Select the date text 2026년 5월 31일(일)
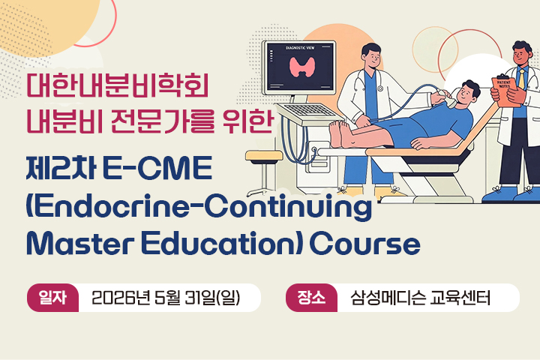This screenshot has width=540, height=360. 165,298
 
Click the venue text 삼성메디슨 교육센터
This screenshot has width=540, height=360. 420,298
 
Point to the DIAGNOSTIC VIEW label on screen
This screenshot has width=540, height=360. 301,47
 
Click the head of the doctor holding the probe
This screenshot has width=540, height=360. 371,55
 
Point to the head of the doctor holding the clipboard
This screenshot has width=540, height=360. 522,52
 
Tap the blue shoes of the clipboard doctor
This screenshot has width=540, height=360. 517,195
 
